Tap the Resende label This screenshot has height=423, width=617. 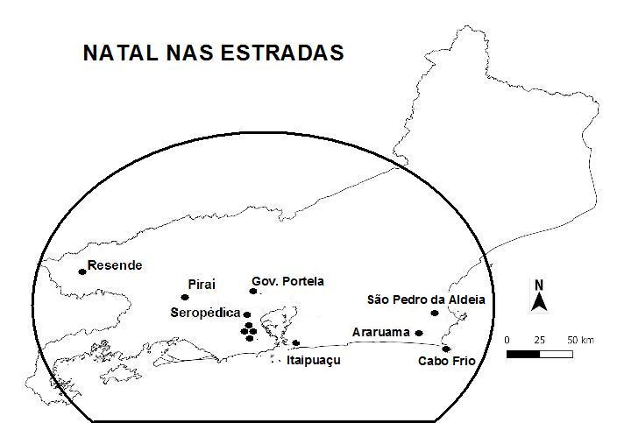click(115, 265)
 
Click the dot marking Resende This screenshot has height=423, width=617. click(82, 271)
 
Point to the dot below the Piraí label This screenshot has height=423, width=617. click(184, 298)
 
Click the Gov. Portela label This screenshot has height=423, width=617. click(287, 281)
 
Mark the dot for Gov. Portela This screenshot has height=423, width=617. click(253, 291)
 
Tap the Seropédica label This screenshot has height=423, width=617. click(206, 312)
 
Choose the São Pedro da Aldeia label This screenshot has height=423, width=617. click(425, 300)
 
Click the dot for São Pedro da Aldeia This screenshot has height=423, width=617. click(435, 313)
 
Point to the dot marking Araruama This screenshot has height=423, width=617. click(419, 333)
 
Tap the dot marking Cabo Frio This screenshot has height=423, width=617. click(446, 349)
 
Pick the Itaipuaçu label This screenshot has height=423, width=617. click(313, 360)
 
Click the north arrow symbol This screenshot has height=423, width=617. click(540, 298)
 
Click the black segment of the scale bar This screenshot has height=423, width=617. click(523, 354)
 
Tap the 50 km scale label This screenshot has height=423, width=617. click(579, 339)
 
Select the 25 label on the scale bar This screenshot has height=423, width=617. click(539, 339)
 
